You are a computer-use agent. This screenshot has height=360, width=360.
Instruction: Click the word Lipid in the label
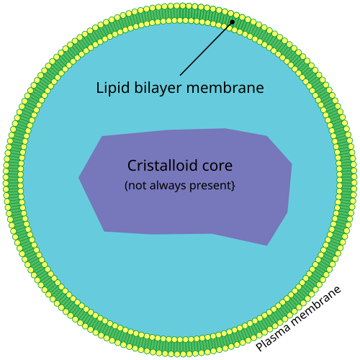click(112, 89)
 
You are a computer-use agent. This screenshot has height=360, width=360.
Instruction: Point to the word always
click(174, 186)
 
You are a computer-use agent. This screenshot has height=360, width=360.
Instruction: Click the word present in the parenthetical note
click(212, 186)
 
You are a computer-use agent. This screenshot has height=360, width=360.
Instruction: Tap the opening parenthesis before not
click(127, 186)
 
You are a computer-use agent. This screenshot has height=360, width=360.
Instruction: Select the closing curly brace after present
click(234, 186)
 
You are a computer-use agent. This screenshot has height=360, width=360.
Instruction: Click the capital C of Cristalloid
click(132, 166)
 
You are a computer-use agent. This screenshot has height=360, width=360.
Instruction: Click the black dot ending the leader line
click(232, 22)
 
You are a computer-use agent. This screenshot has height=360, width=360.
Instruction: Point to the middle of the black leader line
click(206, 48)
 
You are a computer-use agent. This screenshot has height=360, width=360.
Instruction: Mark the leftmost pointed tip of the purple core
click(79, 178)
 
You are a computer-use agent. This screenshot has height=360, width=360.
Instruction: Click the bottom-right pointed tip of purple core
click(267, 245)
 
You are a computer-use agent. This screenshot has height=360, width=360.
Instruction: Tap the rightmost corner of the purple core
click(292, 164)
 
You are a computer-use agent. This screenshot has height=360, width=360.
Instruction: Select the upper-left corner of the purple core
click(102, 136)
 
